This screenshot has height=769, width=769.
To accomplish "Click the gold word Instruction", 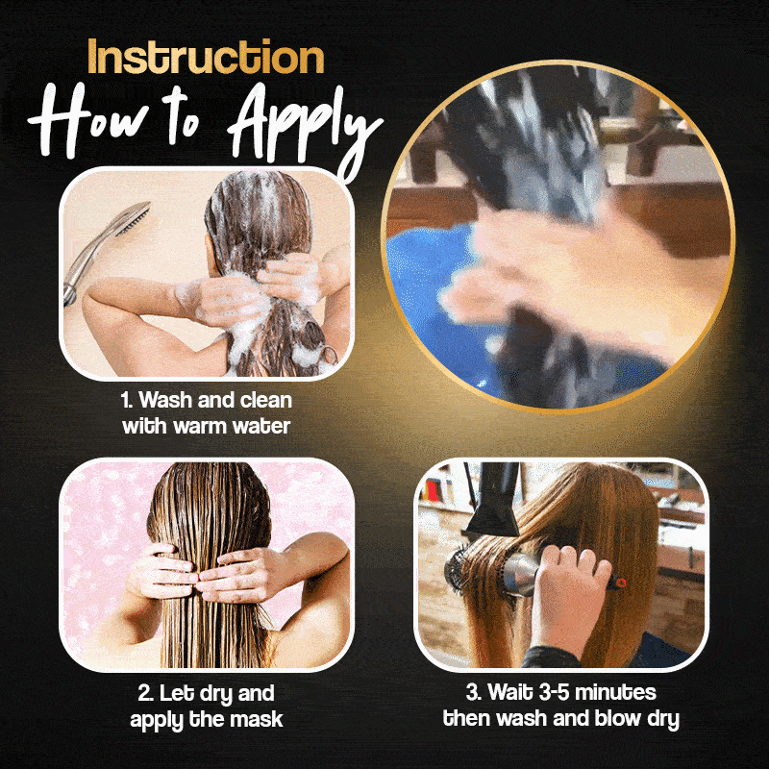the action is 206,57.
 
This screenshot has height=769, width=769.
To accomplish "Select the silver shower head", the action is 106,245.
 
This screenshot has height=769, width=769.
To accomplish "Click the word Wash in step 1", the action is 166,400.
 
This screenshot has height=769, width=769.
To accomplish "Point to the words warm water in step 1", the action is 232,426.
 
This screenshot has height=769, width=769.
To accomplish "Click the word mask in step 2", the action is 257,719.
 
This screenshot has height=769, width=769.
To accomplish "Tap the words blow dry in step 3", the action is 637,718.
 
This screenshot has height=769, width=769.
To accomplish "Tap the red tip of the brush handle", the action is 621,583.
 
